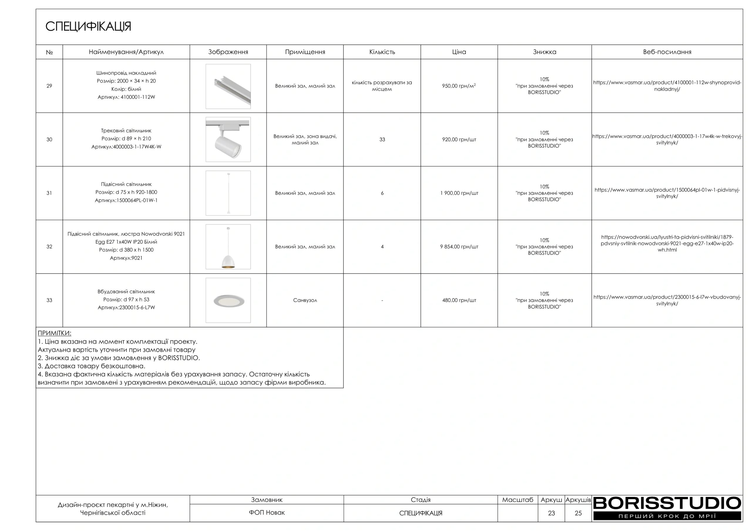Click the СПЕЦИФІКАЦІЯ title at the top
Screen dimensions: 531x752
click(x=88, y=26)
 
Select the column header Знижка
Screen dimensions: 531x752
click(x=544, y=52)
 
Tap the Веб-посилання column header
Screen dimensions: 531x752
click(x=667, y=52)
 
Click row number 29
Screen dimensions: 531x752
click(x=49, y=86)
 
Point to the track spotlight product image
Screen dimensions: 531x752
click(x=228, y=140)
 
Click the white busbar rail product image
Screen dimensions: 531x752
click(x=228, y=86)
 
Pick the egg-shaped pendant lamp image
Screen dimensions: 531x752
click(x=228, y=247)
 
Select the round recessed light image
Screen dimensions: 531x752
click(x=228, y=301)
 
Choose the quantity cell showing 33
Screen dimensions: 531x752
click(x=382, y=140)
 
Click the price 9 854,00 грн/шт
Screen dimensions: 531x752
click(x=459, y=247)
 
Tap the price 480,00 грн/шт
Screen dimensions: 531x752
click(x=459, y=300)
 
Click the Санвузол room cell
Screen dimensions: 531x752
click(x=305, y=300)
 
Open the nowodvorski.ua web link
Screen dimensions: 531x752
click(x=667, y=244)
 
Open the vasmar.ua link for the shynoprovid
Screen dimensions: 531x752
click(x=667, y=86)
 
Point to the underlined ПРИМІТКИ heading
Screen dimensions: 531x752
click(x=54, y=333)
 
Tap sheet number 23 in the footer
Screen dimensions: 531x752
click(x=551, y=513)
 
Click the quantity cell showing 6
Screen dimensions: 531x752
click(x=382, y=193)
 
